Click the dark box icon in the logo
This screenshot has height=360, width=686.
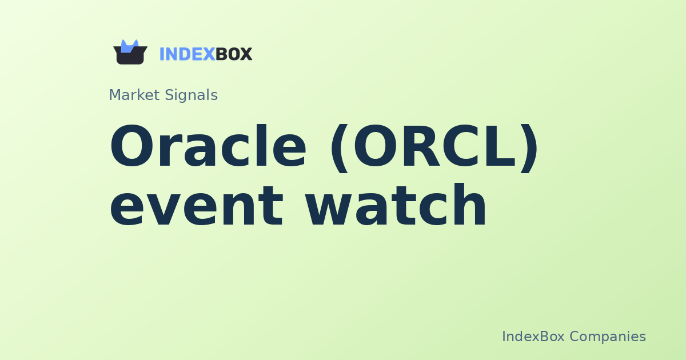pyautogui.click(x=130, y=55)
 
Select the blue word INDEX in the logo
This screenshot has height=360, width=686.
pyautogui.click(x=187, y=54)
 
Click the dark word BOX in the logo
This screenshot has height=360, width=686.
pyautogui.click(x=234, y=54)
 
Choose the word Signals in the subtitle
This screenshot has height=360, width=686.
pyautogui.click(x=191, y=95)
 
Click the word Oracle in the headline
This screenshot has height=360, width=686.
pyautogui.click(x=208, y=148)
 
